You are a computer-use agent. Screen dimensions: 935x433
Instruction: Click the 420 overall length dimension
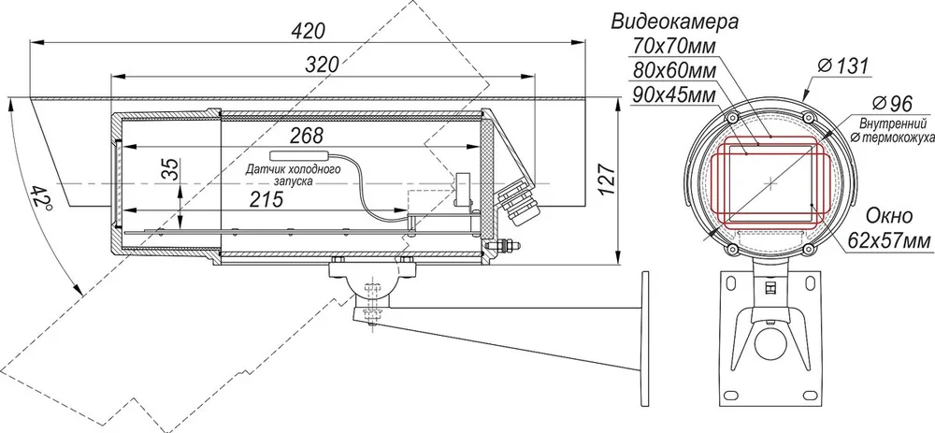309,31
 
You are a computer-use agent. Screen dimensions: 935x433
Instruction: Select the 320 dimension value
322,65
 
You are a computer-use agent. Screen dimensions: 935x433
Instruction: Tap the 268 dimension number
307,136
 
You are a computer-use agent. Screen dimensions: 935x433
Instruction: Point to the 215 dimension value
266,199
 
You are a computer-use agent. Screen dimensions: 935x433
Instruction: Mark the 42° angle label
42,196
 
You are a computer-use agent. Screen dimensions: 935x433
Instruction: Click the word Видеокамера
675,22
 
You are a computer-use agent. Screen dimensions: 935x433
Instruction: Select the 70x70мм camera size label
673,45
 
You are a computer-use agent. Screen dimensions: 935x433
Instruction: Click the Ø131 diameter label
843,65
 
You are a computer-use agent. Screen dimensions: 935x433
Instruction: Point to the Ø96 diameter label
892,103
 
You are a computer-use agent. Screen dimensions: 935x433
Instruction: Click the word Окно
888,215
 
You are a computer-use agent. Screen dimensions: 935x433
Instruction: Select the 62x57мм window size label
888,241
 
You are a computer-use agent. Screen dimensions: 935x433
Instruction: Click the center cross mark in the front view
771,183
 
